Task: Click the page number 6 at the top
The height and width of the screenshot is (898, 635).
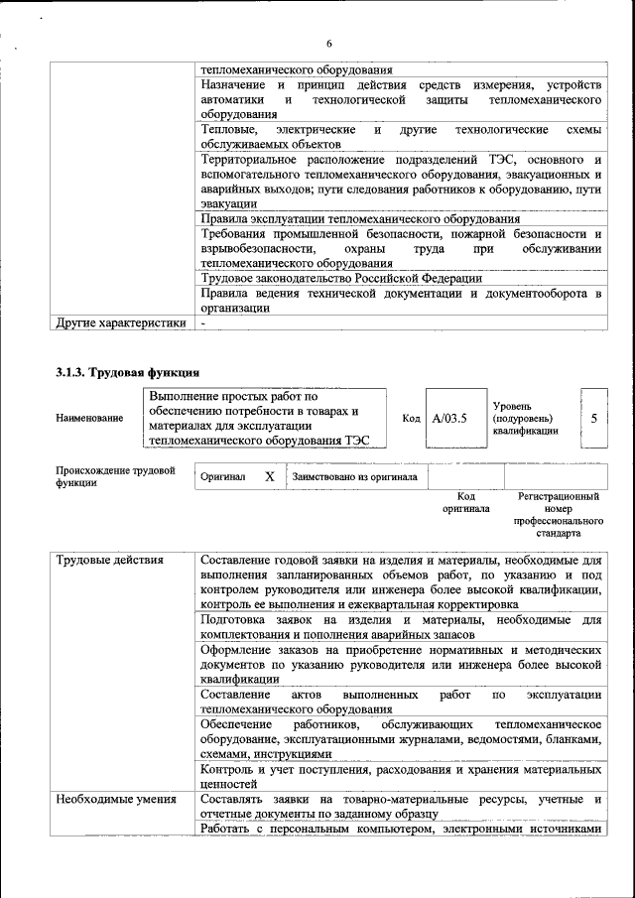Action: coord(328,44)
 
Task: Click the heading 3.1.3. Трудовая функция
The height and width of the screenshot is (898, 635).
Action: coord(128,373)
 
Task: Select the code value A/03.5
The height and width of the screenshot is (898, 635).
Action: coord(449,418)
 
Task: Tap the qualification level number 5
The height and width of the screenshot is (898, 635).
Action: coord(593,418)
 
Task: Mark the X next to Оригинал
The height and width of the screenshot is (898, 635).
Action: coord(269,476)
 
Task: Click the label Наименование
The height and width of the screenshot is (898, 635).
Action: coord(89,419)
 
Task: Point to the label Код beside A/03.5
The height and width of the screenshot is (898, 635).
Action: coord(411,419)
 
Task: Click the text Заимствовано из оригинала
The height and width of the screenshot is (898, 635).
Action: coord(354,477)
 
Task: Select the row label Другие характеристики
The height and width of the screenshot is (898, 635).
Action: coord(120,322)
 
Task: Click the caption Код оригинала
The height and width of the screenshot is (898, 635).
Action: coord(466,502)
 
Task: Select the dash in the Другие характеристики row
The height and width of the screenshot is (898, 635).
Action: coord(202,322)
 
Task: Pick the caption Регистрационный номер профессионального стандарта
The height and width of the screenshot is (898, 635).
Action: coord(559,514)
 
